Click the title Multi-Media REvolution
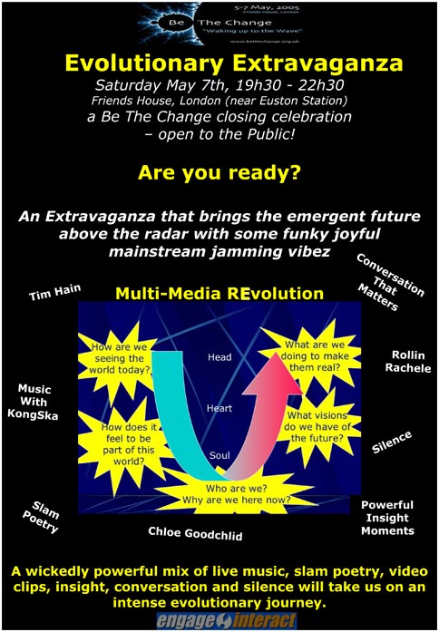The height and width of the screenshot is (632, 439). tap(219, 294)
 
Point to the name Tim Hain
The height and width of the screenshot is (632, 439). tap(54, 292)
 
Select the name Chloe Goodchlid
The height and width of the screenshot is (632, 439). tap(195, 534)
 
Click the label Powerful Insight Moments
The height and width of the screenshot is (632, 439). tap(387, 517)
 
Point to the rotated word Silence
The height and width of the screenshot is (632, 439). tap(392, 442)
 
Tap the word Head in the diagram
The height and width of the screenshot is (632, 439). tap(221, 357)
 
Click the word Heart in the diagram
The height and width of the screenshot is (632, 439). tap(221, 407)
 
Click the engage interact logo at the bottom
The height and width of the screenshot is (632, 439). tap(220, 620)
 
